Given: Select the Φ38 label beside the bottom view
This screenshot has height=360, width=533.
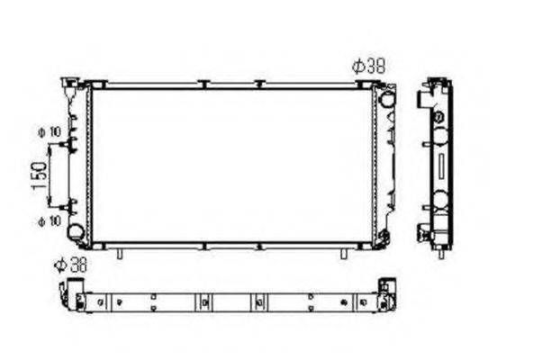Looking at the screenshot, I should coord(68,265).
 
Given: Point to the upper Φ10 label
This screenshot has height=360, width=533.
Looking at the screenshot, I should coord(49,131).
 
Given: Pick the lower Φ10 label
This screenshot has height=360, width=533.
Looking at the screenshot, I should coord(49,219).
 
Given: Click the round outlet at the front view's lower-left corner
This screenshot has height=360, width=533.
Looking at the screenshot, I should coord(77,231).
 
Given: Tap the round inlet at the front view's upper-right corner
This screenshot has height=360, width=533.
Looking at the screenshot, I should coord(386,98).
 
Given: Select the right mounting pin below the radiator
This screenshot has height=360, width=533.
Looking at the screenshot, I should coord(343,253).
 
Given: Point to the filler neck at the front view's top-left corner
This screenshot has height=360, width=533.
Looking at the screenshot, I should coord(69,85).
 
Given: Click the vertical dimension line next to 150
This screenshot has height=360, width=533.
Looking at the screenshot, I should coord(52,174).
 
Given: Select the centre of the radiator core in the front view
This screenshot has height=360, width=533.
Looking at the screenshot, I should coord(232,166).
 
